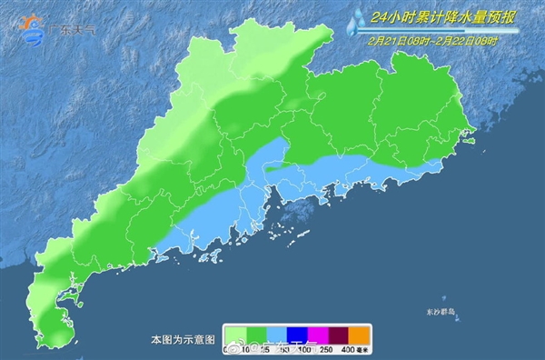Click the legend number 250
(x=324, y=349)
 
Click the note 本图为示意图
(x=183, y=338)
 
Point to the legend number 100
(x=300, y=349)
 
